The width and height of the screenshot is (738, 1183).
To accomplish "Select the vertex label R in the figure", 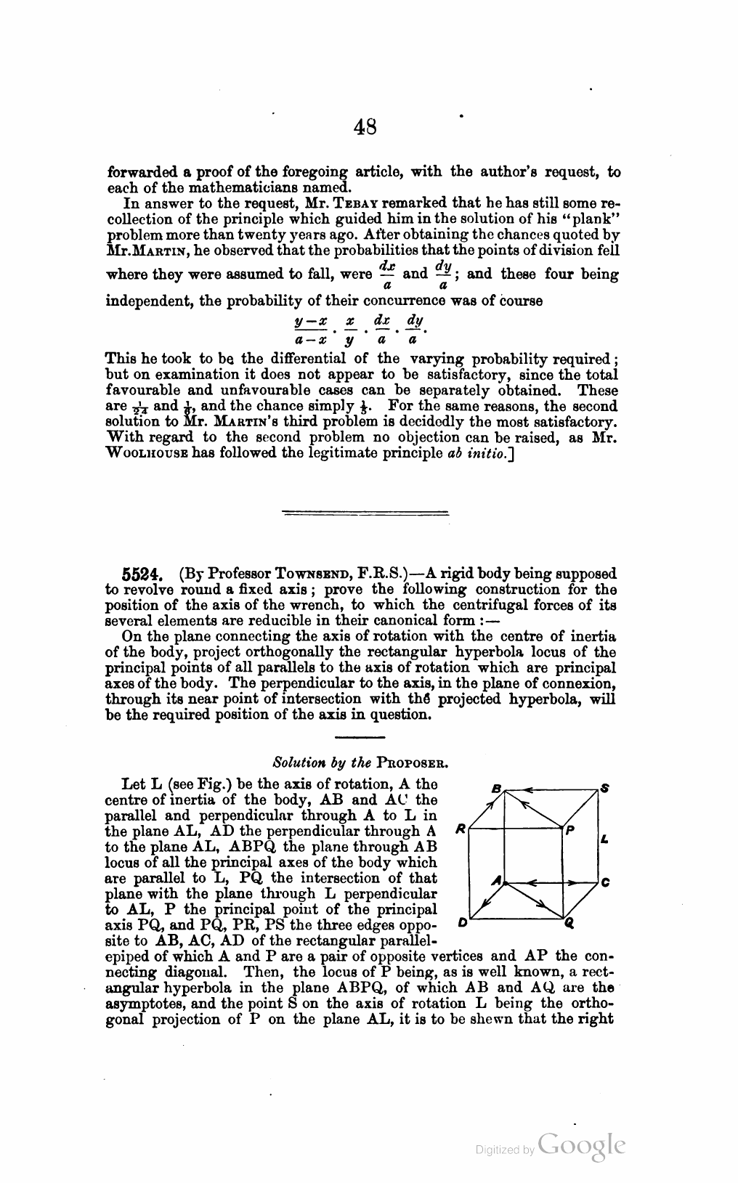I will point(459,828).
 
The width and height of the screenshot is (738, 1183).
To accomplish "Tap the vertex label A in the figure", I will point(496,880).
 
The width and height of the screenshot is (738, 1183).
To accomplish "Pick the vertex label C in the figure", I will point(605,883).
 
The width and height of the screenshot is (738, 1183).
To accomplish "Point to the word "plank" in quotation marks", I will point(591,219).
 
